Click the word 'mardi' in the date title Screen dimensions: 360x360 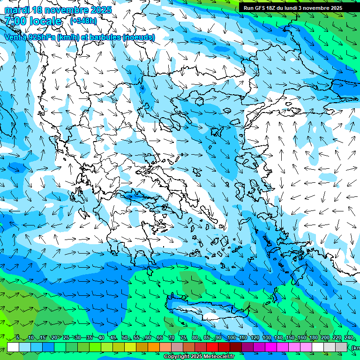(16, 10)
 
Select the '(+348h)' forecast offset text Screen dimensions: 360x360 (83, 21)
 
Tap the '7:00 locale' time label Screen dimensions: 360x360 (33, 21)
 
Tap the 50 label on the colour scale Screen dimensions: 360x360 (125, 338)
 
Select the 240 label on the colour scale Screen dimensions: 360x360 (349, 338)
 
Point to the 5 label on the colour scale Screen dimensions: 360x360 (17, 338)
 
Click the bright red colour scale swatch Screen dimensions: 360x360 (212, 347)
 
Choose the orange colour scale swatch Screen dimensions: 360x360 (154, 347)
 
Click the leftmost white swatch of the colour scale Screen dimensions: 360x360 (13, 347)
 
